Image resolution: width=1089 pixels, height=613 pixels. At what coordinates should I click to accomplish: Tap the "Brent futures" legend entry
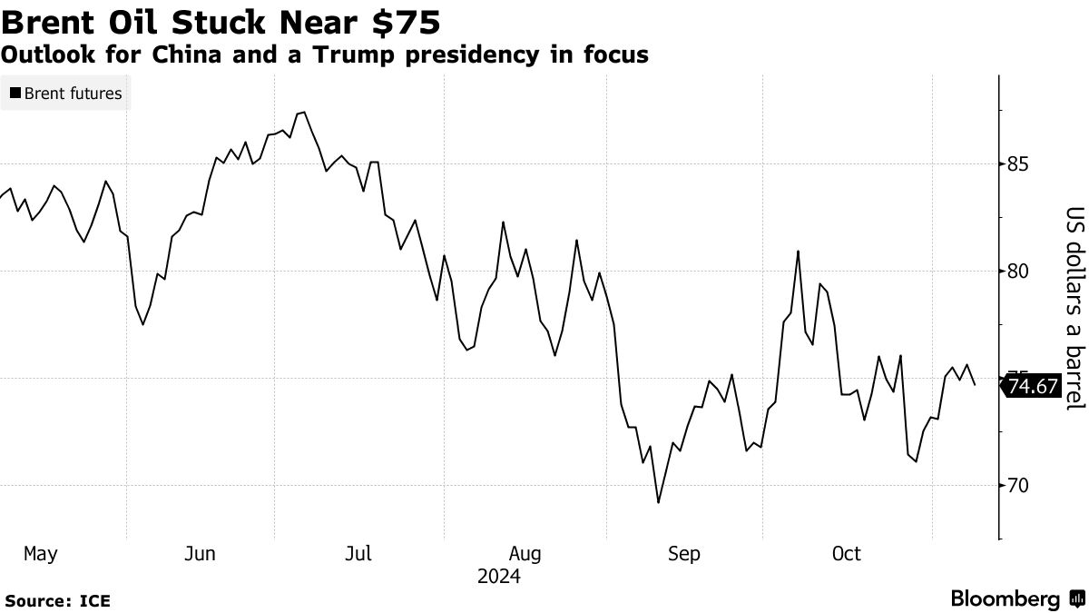(x=73, y=93)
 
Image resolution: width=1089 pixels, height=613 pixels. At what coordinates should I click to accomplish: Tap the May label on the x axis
(x=41, y=553)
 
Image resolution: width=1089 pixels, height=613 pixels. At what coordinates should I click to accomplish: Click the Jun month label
(x=200, y=553)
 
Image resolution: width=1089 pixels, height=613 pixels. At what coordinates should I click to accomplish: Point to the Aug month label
(x=525, y=553)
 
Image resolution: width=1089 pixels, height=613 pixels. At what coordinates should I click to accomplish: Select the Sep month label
(x=683, y=553)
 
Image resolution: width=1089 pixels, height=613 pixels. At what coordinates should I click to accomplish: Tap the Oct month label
(x=847, y=553)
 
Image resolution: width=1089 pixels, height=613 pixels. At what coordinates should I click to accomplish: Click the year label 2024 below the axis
(x=498, y=577)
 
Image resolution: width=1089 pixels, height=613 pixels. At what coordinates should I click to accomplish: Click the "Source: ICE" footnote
(x=56, y=600)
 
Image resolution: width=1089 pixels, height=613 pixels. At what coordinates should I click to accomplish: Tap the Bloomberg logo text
(x=1005, y=599)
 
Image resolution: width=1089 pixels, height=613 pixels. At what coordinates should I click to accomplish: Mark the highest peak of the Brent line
(x=304, y=113)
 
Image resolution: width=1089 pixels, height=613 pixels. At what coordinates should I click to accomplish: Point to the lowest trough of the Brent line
(x=658, y=502)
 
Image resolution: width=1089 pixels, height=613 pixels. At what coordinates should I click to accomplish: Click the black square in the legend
(x=15, y=93)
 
